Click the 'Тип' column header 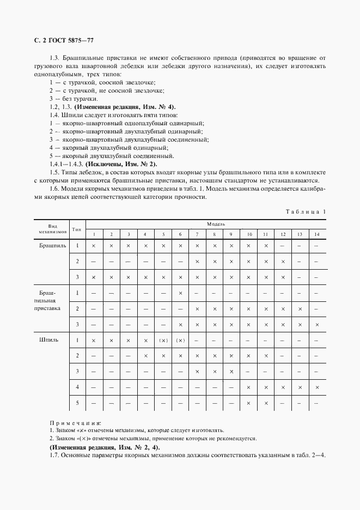77,229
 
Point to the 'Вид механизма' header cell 53,229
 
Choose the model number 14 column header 316,234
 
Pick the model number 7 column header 197,234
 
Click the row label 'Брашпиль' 53,246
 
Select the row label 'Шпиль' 50,340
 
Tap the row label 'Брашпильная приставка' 53,301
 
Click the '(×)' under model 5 163,341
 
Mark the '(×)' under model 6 180,341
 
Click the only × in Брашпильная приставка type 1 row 180,293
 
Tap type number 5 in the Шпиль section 77,403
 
